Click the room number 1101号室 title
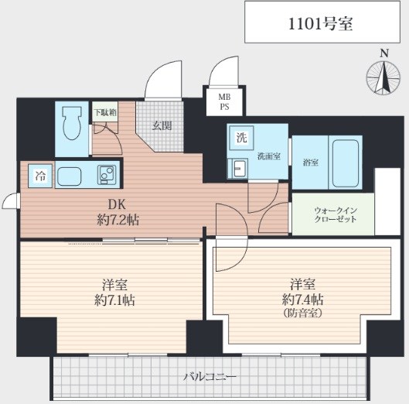(x=321, y=24)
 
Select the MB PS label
(x=224, y=102)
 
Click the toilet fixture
(x=71, y=124)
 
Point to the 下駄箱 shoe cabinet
(x=105, y=111)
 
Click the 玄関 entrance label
(x=162, y=126)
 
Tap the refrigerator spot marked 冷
(x=41, y=176)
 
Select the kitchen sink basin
(x=69, y=176)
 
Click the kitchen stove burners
(x=107, y=175)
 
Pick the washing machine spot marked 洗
(x=241, y=138)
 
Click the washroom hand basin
(x=238, y=169)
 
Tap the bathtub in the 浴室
(x=346, y=163)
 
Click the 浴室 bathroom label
(x=310, y=163)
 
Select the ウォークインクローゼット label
(x=336, y=214)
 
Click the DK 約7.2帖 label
(x=118, y=212)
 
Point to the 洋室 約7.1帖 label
(x=114, y=293)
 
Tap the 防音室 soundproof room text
(x=302, y=313)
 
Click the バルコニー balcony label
(x=210, y=376)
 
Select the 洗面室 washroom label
(x=269, y=156)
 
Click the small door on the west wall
(x=11, y=201)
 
